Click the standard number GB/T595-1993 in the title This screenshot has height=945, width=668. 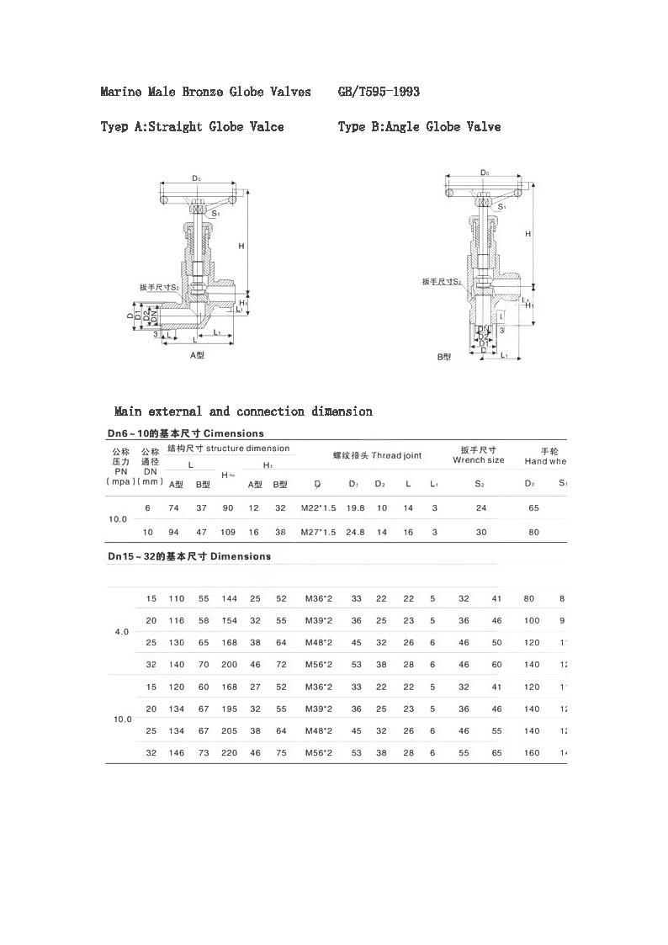click(379, 91)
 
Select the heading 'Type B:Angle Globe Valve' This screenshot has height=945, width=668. click(419, 127)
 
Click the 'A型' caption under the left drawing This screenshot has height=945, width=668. click(197, 355)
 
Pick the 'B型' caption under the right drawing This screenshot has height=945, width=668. click(444, 357)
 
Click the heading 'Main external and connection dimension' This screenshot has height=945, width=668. click(243, 411)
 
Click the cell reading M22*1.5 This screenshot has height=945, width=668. click(318, 508)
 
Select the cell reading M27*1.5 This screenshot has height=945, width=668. click(318, 533)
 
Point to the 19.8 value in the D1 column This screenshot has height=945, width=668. click(356, 508)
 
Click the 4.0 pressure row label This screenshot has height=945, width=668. click(121, 632)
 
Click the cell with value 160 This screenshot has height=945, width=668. click(532, 752)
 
